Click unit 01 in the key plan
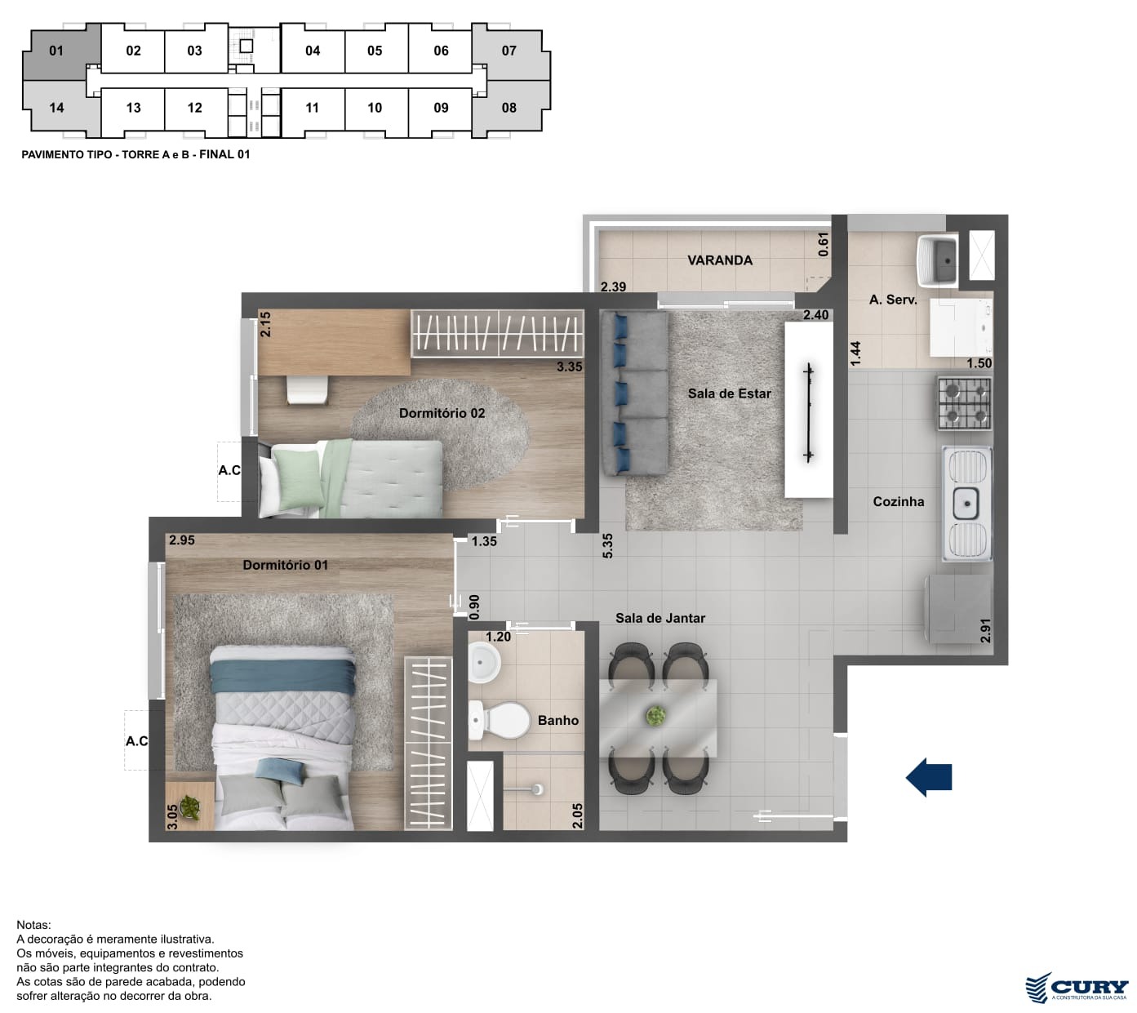(x=56, y=51)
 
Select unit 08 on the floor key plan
(x=509, y=108)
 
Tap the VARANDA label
(x=719, y=260)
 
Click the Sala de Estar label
(x=729, y=393)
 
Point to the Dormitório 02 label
(x=442, y=413)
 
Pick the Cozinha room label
(x=898, y=501)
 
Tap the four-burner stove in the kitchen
(x=964, y=403)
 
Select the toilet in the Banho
(x=499, y=720)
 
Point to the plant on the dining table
(x=655, y=715)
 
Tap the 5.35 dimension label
(x=607, y=545)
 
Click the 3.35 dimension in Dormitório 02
(x=569, y=367)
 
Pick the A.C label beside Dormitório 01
(x=137, y=741)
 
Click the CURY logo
(x=1077, y=987)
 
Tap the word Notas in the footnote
(x=33, y=925)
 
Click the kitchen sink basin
(x=966, y=503)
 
